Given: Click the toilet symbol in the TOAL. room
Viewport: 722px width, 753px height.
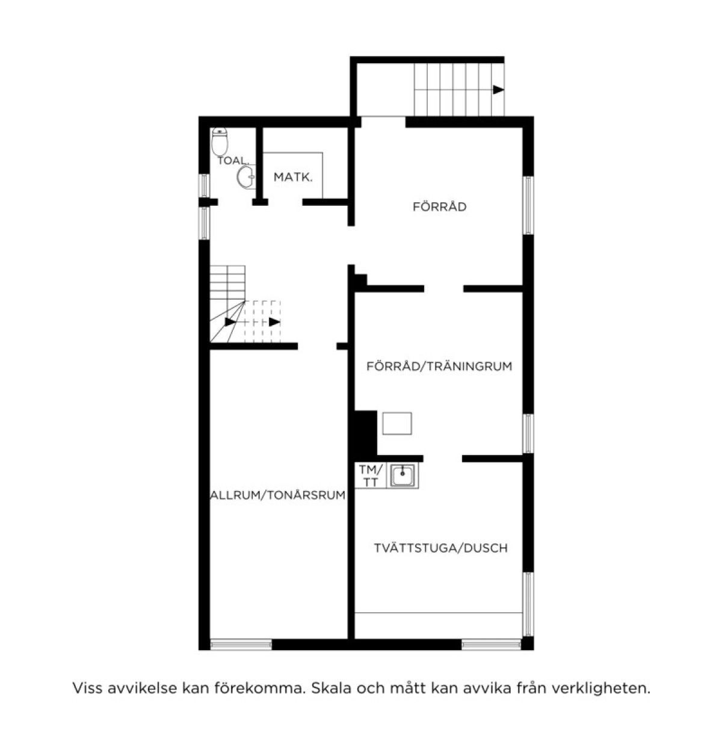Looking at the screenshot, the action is (x=220, y=141).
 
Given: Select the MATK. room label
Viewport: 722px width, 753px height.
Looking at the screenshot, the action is (x=293, y=178).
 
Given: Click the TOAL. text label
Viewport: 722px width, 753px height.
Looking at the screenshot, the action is (x=232, y=161).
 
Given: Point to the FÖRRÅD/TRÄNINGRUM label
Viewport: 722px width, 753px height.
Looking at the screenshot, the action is (x=439, y=366).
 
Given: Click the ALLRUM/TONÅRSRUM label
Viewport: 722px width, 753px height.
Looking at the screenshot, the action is (x=277, y=495).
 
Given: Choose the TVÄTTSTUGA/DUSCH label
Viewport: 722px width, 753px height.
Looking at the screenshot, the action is (x=441, y=548).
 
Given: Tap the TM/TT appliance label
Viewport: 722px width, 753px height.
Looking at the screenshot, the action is (x=370, y=476).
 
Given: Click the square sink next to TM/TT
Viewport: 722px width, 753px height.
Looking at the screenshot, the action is (x=402, y=475).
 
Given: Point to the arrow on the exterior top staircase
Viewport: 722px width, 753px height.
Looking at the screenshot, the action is (x=498, y=90).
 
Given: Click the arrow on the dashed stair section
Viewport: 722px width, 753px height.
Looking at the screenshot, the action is (x=274, y=322).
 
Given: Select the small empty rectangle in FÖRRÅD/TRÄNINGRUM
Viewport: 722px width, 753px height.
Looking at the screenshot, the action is (x=397, y=423).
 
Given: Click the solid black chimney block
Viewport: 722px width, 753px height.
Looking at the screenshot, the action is (x=363, y=433).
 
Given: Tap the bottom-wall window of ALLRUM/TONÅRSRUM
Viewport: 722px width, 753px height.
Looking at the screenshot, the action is (x=241, y=645).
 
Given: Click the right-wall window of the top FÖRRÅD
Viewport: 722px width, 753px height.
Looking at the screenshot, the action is (x=528, y=205).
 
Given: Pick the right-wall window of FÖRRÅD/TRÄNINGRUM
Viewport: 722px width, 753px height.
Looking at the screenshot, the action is (x=528, y=433).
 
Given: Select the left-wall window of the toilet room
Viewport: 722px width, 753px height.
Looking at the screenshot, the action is (x=204, y=185).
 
